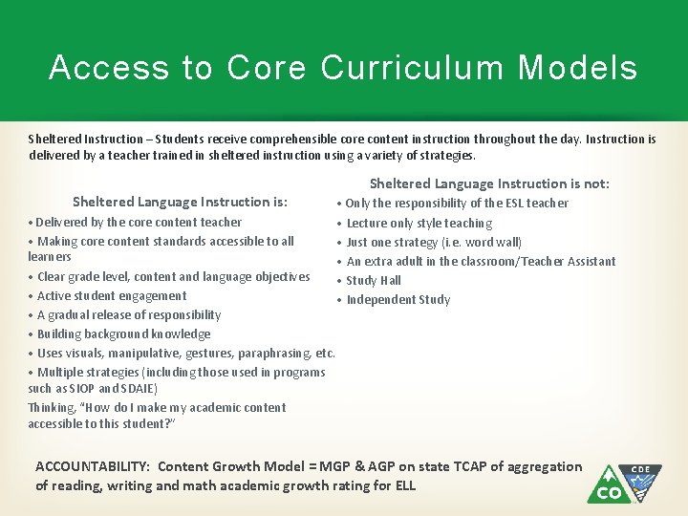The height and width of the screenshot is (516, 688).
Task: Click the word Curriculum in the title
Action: pyautogui.click(x=413, y=68)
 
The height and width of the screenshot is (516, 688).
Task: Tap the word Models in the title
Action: pyautogui.click(x=578, y=68)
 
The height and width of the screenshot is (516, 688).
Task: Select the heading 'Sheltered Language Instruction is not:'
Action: pyautogui.click(x=489, y=183)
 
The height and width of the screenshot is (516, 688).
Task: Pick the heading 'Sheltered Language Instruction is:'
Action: pyautogui.click(x=181, y=202)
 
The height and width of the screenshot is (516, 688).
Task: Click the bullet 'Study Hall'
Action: pyautogui.click(x=374, y=280)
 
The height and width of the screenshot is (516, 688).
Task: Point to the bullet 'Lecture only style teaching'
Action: pyautogui.click(x=419, y=223)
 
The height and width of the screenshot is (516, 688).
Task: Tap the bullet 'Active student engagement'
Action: pyautogui.click(x=112, y=295)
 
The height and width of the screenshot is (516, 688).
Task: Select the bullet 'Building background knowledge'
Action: pyautogui.click(x=123, y=333)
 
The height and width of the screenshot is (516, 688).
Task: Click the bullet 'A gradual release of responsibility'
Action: pyautogui.click(x=129, y=314)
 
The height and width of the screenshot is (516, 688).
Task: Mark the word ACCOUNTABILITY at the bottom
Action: pyautogui.click(x=92, y=466)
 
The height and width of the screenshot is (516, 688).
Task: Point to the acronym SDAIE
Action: pyautogui.click(x=139, y=389)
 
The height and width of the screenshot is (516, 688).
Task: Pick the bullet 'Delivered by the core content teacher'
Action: pyautogui.click(x=139, y=222)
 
